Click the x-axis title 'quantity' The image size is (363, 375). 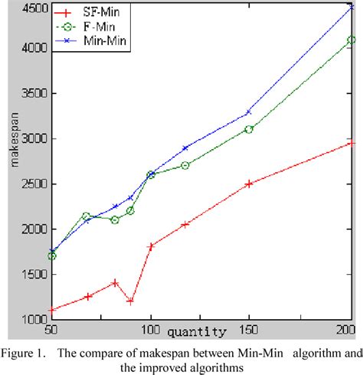[x=198, y=332]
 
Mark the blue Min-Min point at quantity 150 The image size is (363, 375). [x=248, y=112]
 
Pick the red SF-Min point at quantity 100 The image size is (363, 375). [x=151, y=246]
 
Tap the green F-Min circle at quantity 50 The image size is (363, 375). [x=51, y=256]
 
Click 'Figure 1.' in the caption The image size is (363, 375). [x=31, y=354]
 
